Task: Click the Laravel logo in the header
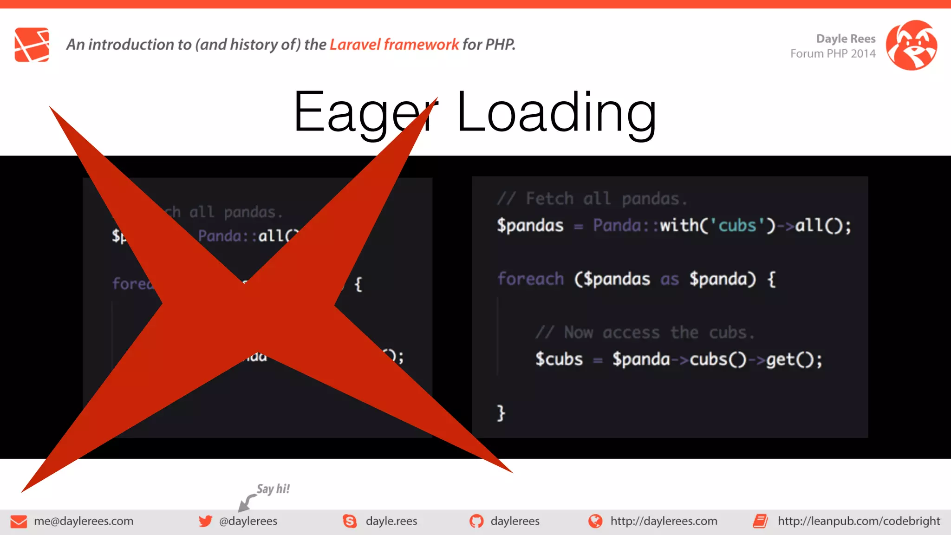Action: (32, 45)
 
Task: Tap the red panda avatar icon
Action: (911, 45)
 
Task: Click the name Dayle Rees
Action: (846, 39)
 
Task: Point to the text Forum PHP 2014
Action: (833, 54)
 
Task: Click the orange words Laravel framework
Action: (394, 45)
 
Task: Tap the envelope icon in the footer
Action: (19, 522)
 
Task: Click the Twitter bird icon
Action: (205, 521)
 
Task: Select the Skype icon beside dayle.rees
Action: (350, 521)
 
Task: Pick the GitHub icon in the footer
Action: (476, 521)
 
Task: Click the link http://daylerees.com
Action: (664, 521)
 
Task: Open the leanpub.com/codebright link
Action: (859, 521)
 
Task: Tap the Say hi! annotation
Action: (273, 489)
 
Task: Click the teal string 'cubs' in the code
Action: (737, 226)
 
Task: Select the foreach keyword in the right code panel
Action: (530, 279)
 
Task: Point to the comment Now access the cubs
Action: (645, 333)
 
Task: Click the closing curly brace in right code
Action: (501, 413)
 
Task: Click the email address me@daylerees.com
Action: (84, 521)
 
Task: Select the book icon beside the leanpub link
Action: (760, 521)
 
